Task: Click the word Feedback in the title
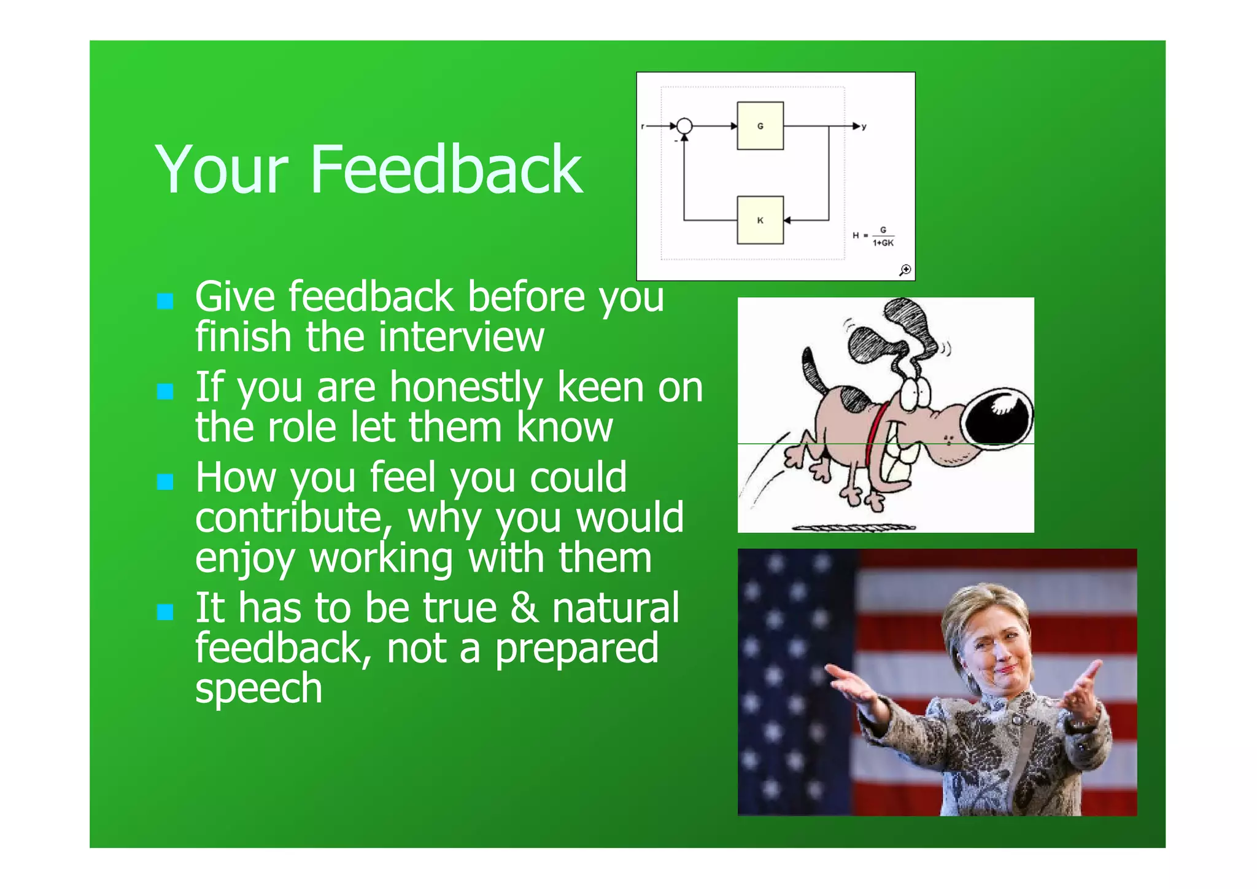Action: click(446, 169)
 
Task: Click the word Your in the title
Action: click(222, 169)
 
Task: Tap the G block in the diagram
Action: click(760, 126)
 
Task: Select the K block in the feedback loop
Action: click(760, 220)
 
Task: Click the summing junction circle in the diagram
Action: click(684, 126)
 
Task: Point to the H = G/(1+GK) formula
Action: click(874, 236)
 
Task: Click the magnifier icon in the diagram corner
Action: click(905, 270)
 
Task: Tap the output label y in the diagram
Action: click(864, 126)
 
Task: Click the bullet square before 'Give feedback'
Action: click(165, 301)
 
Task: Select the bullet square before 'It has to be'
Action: click(165, 611)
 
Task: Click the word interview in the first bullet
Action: click(461, 338)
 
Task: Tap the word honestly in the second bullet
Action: click(466, 388)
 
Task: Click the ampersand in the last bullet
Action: click(524, 608)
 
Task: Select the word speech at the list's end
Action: click(258, 689)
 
